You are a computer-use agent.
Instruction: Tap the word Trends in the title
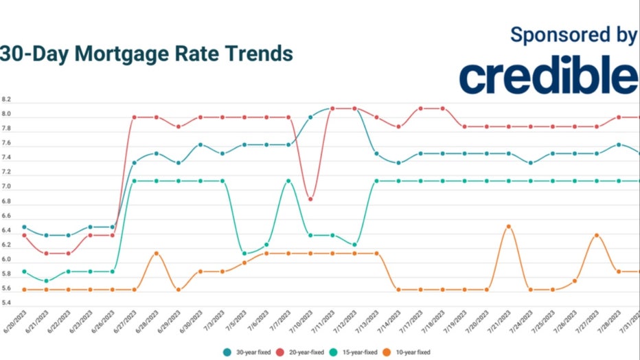point(255,54)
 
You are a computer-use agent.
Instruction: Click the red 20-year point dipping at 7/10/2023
point(310,199)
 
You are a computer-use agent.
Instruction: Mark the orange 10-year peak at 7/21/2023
point(508,226)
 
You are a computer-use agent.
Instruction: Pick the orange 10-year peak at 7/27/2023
point(596,235)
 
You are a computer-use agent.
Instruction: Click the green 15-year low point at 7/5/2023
point(244,254)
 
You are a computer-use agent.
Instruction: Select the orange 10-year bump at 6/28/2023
point(157,254)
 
